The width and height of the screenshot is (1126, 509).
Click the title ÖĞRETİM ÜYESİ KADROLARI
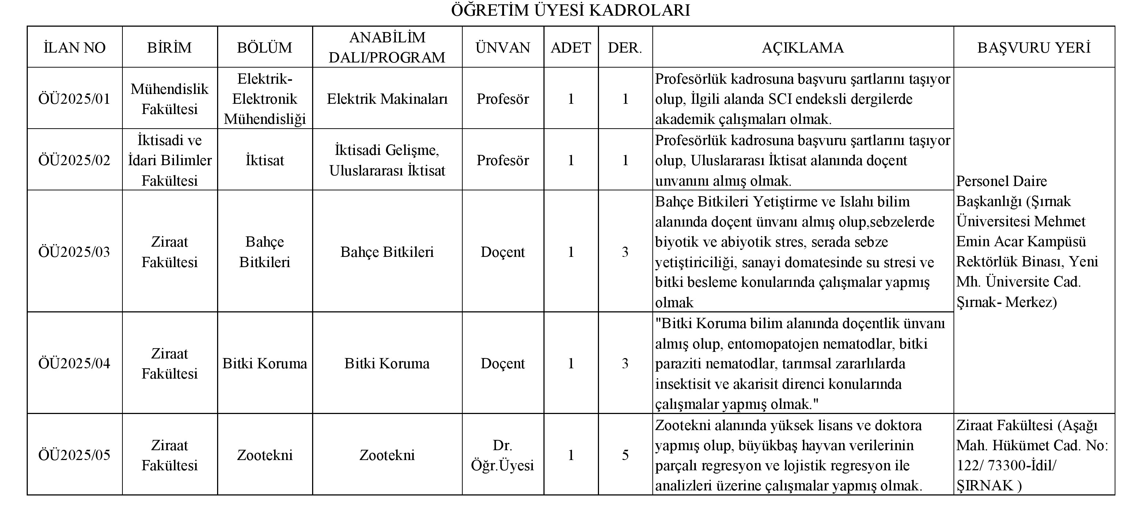tap(570, 10)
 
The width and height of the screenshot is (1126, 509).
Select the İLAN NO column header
tap(74, 48)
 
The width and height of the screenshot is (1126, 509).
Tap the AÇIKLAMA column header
tap(803, 48)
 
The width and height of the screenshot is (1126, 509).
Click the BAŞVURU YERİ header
tap(1034, 48)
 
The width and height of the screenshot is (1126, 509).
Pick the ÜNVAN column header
tap(503, 48)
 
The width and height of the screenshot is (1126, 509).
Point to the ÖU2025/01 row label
tap(74, 99)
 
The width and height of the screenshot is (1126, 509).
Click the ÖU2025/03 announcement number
tap(74, 252)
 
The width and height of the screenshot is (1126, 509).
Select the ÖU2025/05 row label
tap(74, 455)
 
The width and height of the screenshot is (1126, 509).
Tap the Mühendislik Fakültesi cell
tap(170, 99)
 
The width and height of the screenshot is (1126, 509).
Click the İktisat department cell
tap(265, 160)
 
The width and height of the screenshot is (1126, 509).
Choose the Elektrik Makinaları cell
tap(387, 99)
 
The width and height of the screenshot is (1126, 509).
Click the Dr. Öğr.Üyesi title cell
tap(503, 455)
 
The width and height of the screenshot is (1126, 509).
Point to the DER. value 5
tap(625, 455)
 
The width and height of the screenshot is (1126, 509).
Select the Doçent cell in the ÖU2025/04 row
tap(503, 364)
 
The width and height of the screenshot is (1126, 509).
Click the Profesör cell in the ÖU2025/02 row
tap(503, 160)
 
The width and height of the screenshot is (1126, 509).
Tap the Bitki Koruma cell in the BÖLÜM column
tap(265, 364)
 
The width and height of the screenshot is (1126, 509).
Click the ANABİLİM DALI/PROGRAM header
tap(387, 48)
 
